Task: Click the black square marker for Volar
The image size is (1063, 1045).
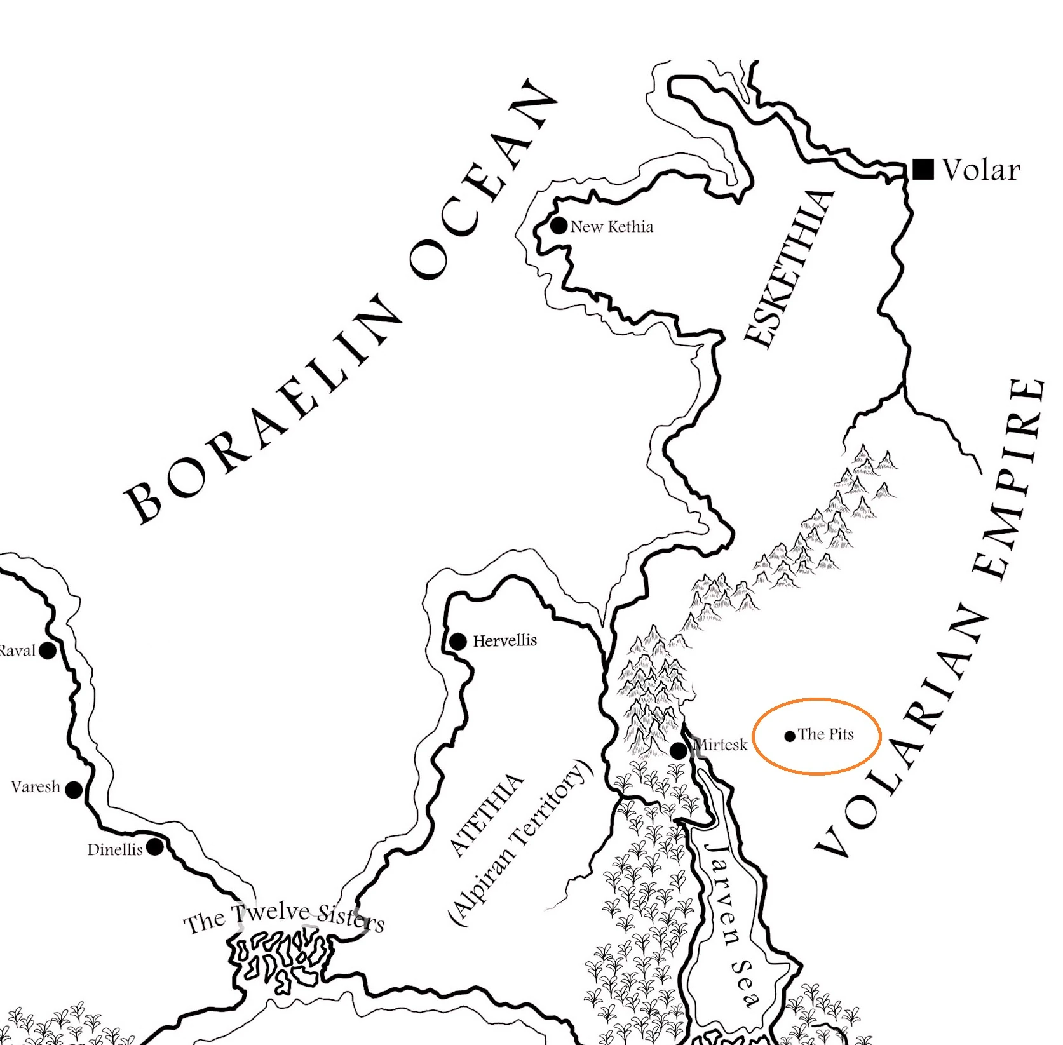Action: pyautogui.click(x=923, y=169)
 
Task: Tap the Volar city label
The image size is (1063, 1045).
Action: pyautogui.click(x=981, y=170)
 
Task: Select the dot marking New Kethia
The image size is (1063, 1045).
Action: pyautogui.click(x=559, y=226)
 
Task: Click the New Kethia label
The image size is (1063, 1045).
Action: pyautogui.click(x=611, y=227)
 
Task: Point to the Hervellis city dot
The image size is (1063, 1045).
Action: pyautogui.click(x=457, y=642)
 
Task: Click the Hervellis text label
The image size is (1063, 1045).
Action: pyautogui.click(x=504, y=640)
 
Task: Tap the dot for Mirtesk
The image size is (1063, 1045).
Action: pyautogui.click(x=679, y=751)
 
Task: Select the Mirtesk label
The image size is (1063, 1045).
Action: pyautogui.click(x=722, y=745)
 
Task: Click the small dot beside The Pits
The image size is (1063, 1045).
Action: pyautogui.click(x=790, y=736)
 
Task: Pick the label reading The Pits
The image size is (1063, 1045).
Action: pyautogui.click(x=825, y=734)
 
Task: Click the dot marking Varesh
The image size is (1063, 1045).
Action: pyautogui.click(x=74, y=790)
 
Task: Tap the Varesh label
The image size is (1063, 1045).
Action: pyautogui.click(x=36, y=787)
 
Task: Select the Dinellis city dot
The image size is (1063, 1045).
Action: pyautogui.click(x=154, y=847)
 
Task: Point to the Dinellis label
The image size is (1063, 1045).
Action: pyautogui.click(x=115, y=849)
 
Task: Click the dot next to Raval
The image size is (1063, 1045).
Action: pyautogui.click(x=48, y=651)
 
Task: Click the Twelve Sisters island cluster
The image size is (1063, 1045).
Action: pyautogui.click(x=280, y=959)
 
